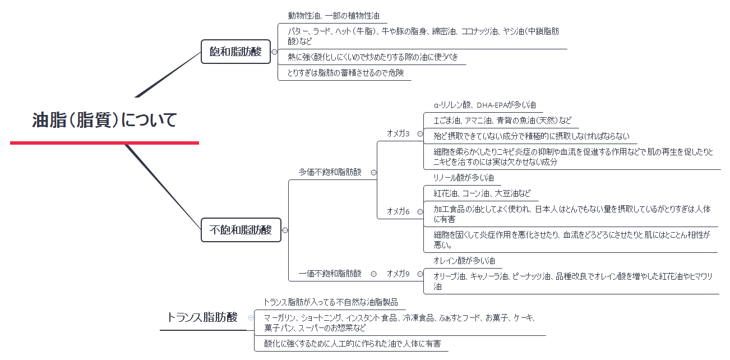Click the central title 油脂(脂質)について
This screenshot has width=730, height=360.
104,120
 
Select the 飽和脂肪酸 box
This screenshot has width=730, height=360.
235,52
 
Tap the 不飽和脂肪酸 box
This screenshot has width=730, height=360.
241,229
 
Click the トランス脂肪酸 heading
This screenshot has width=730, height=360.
202,317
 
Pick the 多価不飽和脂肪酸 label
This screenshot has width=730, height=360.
330,172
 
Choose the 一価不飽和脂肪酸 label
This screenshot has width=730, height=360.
330,274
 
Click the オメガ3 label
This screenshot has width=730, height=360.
398,133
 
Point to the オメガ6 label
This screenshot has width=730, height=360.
398,211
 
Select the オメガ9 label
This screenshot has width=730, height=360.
398,274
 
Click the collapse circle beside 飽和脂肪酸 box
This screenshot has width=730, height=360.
274,52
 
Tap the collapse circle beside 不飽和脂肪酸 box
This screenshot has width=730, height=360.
285,230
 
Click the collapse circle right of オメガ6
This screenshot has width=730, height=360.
420,211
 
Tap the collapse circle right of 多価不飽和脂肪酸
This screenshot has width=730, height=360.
374,173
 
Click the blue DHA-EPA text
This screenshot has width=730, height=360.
491,105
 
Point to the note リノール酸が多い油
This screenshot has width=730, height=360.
464,178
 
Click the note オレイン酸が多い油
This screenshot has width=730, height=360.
464,261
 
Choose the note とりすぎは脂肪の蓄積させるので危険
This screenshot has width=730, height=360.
346,73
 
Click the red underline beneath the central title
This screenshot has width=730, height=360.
104,142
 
